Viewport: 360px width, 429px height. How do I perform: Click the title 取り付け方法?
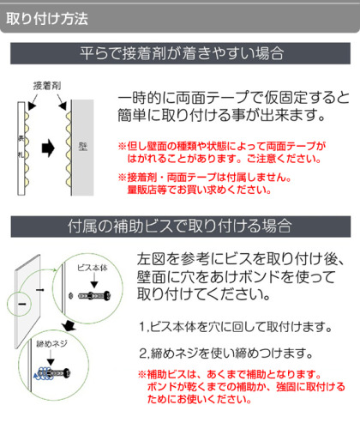pos(47,19)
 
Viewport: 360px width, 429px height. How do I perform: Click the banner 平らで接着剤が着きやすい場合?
pos(180,53)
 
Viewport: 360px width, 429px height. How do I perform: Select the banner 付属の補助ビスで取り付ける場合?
pos(181,227)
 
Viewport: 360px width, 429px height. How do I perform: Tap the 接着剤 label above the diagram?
pos(47,86)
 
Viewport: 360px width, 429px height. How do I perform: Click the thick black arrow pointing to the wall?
pos(48,148)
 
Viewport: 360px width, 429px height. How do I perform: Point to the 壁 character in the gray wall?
pos(83,147)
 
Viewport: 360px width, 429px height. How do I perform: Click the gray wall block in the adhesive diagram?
pos(82,148)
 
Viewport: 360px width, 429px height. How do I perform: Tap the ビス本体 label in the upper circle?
pos(93,268)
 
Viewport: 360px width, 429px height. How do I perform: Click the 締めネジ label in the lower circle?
pos(51,343)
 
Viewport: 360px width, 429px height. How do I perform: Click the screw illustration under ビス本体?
pos(94,296)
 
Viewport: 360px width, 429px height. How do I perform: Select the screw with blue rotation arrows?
pos(52,373)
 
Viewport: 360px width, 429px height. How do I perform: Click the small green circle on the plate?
pos(19,304)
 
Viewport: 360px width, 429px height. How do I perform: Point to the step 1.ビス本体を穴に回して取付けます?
pos(236,327)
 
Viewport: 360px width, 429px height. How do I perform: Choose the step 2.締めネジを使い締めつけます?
pos(225,353)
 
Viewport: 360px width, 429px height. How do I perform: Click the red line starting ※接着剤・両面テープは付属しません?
pos(205,178)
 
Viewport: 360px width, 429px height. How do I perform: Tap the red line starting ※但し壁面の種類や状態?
pos(222,146)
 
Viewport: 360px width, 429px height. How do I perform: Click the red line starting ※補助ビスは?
pos(230,374)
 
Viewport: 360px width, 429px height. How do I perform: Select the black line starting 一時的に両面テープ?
pos(234,98)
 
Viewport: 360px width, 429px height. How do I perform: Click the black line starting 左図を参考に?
pos(240,259)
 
